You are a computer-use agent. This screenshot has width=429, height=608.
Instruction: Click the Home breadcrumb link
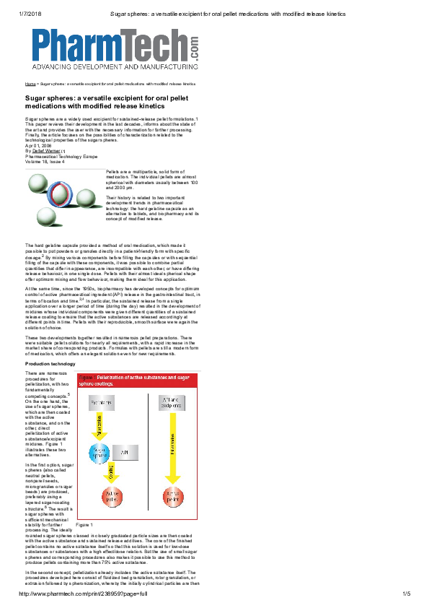(x=30, y=84)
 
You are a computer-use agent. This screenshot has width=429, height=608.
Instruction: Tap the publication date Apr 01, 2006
(x=38, y=144)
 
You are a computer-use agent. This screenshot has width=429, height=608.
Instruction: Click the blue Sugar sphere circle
(x=100, y=453)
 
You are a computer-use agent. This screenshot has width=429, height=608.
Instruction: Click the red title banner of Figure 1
(x=136, y=380)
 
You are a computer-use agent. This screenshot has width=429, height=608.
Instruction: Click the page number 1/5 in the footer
(x=406, y=594)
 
